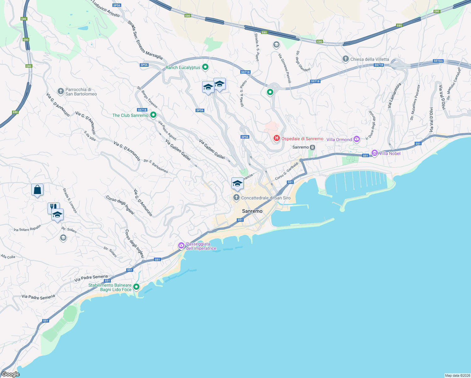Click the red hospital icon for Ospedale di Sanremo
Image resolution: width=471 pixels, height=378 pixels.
276,138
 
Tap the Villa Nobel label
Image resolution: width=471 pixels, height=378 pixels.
390,153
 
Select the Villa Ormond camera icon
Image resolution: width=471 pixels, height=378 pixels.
356,139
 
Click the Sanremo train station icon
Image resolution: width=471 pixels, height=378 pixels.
312,147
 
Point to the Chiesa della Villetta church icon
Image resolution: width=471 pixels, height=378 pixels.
345,59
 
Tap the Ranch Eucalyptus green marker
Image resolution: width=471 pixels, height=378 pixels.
205,67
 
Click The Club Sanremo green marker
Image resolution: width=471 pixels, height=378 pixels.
153,115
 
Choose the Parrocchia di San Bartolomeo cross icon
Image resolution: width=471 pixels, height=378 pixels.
61,91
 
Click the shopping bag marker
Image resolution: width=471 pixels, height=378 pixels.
37,190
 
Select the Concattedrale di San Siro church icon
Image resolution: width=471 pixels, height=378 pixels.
236,198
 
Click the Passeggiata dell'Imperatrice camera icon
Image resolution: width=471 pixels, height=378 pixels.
181,245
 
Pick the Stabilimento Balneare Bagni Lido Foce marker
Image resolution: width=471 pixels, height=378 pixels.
136,287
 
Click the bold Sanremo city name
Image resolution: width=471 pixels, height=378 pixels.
252,211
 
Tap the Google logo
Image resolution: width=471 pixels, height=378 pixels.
10,374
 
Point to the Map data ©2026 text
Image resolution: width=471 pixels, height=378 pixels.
457,375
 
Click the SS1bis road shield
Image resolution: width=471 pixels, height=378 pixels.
438,61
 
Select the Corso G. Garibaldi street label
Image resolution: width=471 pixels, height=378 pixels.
287,171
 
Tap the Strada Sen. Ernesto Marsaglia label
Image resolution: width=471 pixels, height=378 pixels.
145,40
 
